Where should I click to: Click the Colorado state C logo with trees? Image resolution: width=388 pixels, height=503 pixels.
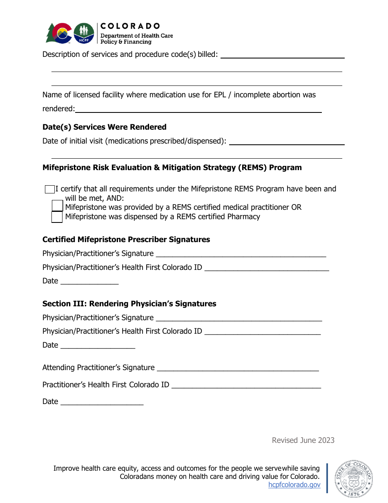(x=59, y=33)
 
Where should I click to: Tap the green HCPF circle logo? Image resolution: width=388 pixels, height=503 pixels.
(x=84, y=33)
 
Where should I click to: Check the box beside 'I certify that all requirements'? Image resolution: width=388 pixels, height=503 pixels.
(x=50, y=189)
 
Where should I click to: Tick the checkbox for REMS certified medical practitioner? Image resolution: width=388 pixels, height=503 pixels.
(x=57, y=206)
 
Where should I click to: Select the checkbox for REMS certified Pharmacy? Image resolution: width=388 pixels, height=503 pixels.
(x=57, y=217)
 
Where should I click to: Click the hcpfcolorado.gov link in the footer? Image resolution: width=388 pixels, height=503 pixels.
(x=294, y=485)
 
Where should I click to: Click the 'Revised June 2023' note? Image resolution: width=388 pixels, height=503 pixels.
(x=303, y=440)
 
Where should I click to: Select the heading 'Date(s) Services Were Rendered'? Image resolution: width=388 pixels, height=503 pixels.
(x=105, y=127)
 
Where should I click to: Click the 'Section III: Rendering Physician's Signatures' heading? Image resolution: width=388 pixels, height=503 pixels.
(x=129, y=304)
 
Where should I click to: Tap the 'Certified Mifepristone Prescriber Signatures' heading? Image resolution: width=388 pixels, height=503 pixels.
(x=126, y=240)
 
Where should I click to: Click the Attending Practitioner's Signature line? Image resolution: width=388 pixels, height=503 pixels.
(x=238, y=368)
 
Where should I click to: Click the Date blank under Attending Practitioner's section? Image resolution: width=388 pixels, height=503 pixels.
(x=102, y=402)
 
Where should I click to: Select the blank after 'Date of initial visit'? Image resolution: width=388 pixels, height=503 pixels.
(x=287, y=142)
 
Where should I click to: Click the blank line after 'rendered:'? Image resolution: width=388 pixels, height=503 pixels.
(x=198, y=110)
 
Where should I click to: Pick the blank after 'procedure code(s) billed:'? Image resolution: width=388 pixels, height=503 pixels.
(x=282, y=55)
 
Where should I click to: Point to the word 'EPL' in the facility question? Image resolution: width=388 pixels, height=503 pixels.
(x=219, y=95)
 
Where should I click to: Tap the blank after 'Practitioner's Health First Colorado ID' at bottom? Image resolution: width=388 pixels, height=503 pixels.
(x=246, y=385)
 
